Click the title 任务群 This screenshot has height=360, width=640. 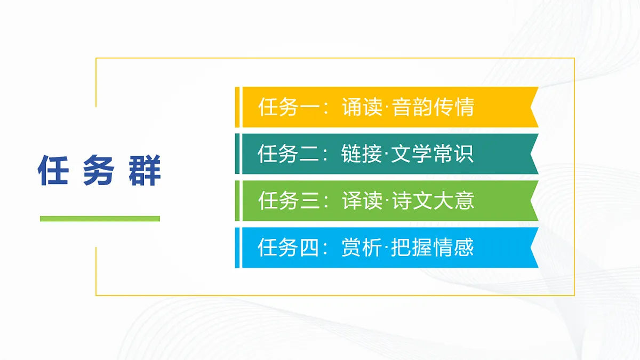coord(99,171)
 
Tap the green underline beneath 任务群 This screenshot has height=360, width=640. coord(100,218)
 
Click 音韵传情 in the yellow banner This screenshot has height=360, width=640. coord(433,108)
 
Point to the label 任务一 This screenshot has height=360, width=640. coord(290,108)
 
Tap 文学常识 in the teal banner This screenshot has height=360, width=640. coord(433,155)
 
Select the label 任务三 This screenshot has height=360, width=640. coord(290,201)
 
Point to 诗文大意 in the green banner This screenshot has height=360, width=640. coord(433,201)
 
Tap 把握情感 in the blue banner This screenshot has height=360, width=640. coord(433,248)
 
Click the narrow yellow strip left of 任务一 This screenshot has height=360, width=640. coord(237,107)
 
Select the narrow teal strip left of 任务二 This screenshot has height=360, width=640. coord(237,154)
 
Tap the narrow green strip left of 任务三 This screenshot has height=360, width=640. coord(237,201)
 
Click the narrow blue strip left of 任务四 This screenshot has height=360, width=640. coord(237,247)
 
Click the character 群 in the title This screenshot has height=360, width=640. coord(145,171)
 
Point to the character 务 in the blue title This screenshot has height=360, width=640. coord(99,171)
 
